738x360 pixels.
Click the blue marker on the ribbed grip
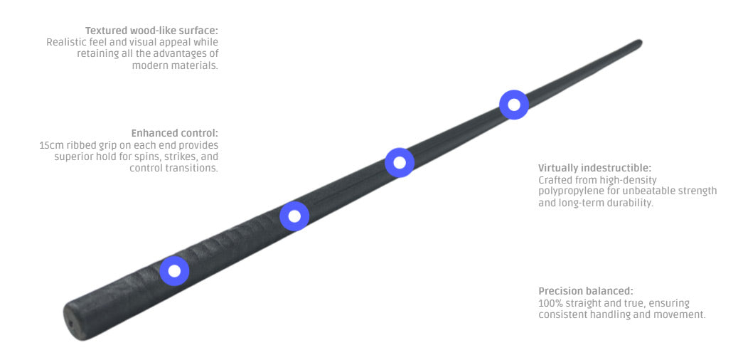174,270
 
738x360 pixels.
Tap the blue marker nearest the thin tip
513,105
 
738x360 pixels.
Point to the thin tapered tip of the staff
639,43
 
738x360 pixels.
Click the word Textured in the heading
107,31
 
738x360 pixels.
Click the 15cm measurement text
51,145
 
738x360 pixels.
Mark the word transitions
193,168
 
